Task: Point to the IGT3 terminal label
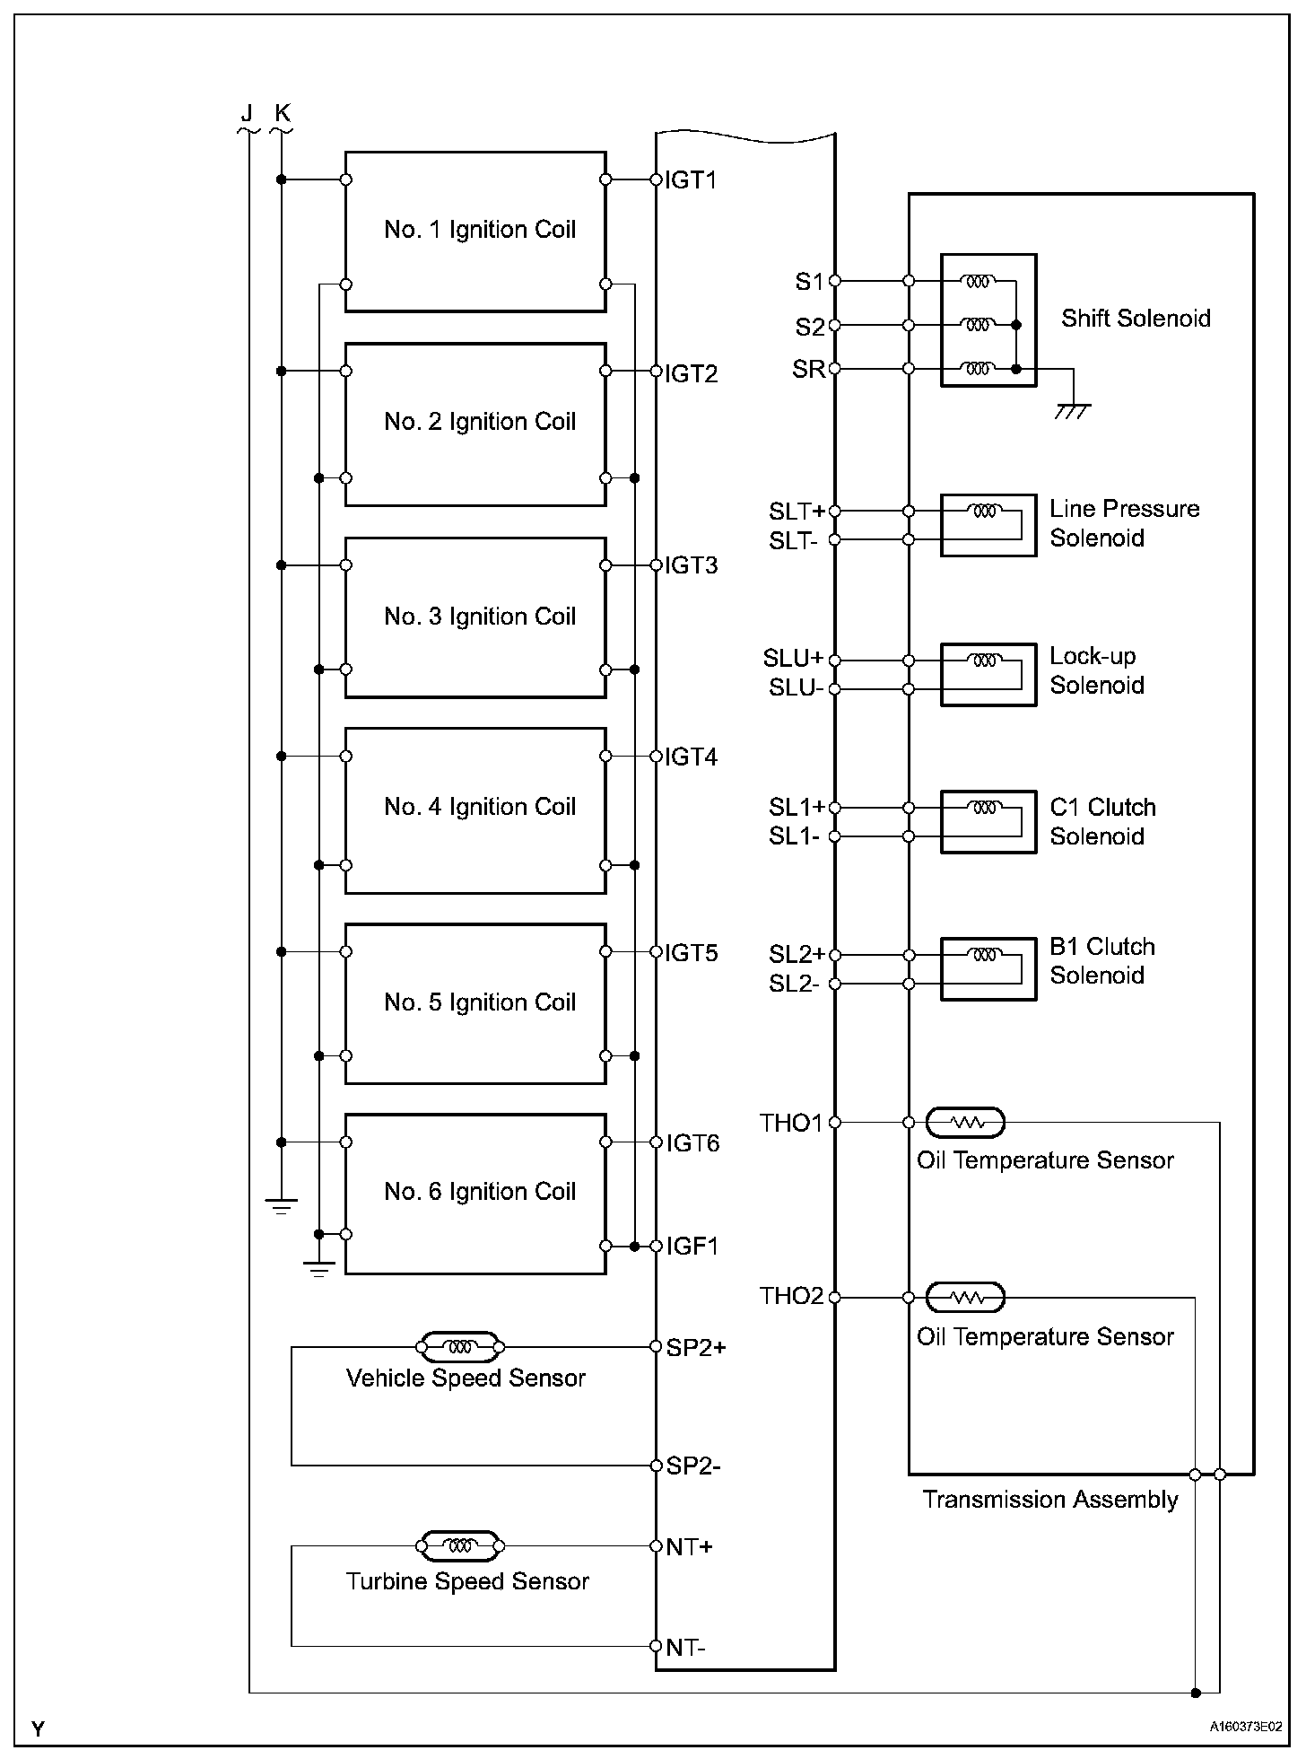click(x=691, y=566)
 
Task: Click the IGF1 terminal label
click(x=692, y=1247)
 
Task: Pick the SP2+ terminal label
click(x=696, y=1347)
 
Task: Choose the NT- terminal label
click(x=686, y=1648)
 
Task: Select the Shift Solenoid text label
click(x=1136, y=319)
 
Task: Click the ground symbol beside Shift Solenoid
click(x=1073, y=410)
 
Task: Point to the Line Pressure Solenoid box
click(x=988, y=525)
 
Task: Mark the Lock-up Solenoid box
click(x=988, y=674)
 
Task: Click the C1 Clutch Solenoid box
click(x=988, y=821)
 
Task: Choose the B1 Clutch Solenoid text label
click(x=1102, y=961)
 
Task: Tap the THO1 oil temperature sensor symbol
click(x=965, y=1122)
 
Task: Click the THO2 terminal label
click(x=791, y=1297)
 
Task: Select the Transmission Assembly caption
click(x=1049, y=1500)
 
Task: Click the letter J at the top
click(x=247, y=113)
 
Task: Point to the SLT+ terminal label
click(x=797, y=512)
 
